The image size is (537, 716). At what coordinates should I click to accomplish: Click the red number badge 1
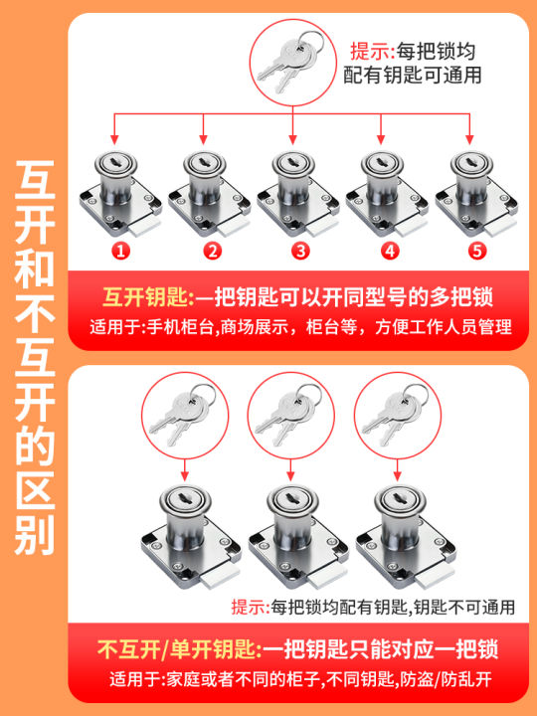click(x=121, y=252)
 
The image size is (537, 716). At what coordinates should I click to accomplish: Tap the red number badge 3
click(x=300, y=252)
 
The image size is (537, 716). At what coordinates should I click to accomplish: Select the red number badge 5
click(x=477, y=252)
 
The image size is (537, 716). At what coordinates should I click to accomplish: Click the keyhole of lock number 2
click(x=205, y=162)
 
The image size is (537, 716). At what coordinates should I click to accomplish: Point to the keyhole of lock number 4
click(x=382, y=162)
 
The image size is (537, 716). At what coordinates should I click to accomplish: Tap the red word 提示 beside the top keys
click(x=372, y=51)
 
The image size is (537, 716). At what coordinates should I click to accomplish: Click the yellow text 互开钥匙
click(x=145, y=298)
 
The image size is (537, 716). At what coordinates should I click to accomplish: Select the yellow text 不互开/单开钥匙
click(x=176, y=648)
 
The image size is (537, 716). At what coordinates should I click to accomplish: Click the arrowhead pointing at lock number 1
click(x=114, y=139)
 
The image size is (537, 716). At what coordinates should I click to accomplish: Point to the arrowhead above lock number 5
click(x=469, y=139)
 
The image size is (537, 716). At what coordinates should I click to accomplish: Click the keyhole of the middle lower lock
click(x=290, y=497)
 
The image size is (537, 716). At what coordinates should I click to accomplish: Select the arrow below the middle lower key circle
click(x=290, y=469)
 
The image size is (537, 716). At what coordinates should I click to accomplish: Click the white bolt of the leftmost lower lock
click(x=220, y=578)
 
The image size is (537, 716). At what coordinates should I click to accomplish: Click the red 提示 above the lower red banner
click(x=251, y=607)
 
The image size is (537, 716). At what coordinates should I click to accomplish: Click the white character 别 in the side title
click(x=35, y=535)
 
